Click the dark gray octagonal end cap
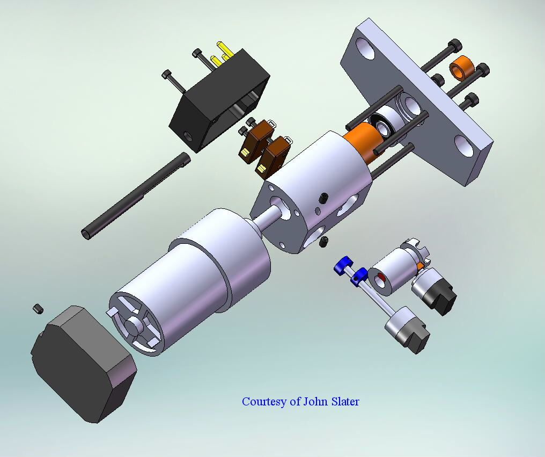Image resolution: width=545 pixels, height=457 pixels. tap(84, 364)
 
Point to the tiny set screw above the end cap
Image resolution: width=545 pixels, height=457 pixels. tap(38, 308)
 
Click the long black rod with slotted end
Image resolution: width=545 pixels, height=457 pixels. tap(136, 195)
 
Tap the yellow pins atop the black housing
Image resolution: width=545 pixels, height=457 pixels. tap(221, 55)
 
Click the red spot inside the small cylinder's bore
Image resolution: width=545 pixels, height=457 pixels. tap(381, 279)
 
